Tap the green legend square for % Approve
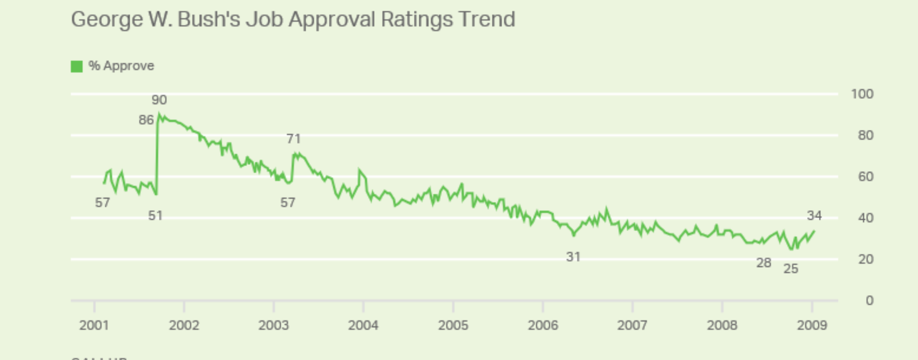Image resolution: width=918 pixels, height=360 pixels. pyautogui.click(x=76, y=66)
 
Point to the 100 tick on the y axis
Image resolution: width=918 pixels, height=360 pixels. pyautogui.click(x=862, y=94)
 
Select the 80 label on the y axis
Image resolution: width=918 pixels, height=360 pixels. pyautogui.click(x=865, y=136)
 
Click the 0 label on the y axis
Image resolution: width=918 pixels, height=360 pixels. pyautogui.click(x=869, y=300)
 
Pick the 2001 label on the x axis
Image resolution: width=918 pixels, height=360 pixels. pyautogui.click(x=94, y=325)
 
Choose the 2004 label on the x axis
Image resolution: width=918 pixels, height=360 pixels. pyautogui.click(x=363, y=325)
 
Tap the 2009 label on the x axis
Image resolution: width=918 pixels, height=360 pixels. pyautogui.click(x=812, y=325)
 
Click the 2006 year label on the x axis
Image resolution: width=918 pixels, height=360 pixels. pyautogui.click(x=543, y=325)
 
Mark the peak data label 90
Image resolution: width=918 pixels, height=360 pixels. pyautogui.click(x=159, y=100)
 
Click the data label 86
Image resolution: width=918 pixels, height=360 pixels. pyautogui.click(x=146, y=120)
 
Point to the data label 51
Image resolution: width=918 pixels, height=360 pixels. pyautogui.click(x=155, y=215)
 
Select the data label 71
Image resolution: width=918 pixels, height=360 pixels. pyautogui.click(x=293, y=138)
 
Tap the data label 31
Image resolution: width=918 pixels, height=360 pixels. pyautogui.click(x=573, y=257)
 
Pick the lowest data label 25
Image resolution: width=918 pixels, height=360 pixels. pyautogui.click(x=790, y=269)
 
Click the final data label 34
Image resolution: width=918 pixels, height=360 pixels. pyautogui.click(x=814, y=215)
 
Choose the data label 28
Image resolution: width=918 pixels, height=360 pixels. pyautogui.click(x=764, y=263)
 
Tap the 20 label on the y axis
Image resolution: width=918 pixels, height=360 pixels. pyautogui.click(x=865, y=259)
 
